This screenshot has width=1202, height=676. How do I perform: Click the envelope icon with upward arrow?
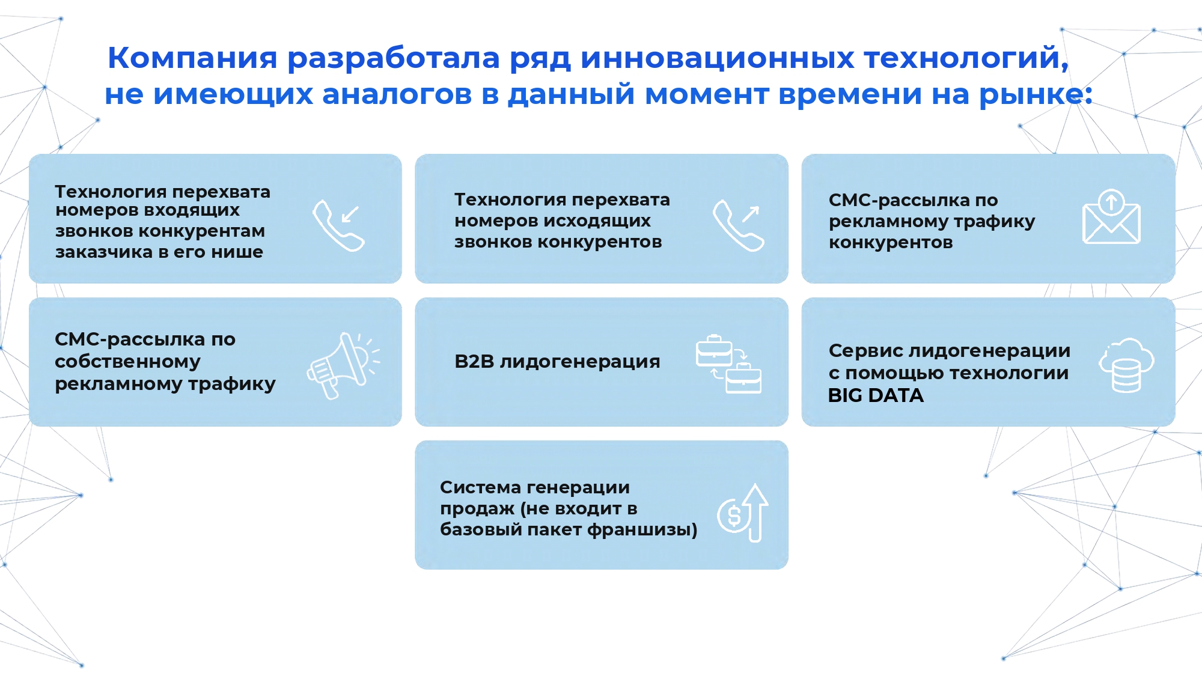(x=1111, y=217)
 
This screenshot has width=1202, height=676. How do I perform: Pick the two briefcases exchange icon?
(x=728, y=364)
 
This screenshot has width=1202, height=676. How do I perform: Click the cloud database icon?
(x=1126, y=365)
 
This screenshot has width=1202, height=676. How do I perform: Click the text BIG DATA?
(x=876, y=395)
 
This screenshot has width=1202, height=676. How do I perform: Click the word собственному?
(x=127, y=362)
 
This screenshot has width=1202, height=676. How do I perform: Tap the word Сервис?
(x=865, y=350)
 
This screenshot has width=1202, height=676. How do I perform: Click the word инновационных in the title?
(x=717, y=58)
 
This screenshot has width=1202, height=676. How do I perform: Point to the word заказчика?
(x=104, y=252)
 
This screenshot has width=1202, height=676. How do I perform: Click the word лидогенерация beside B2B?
(x=579, y=362)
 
